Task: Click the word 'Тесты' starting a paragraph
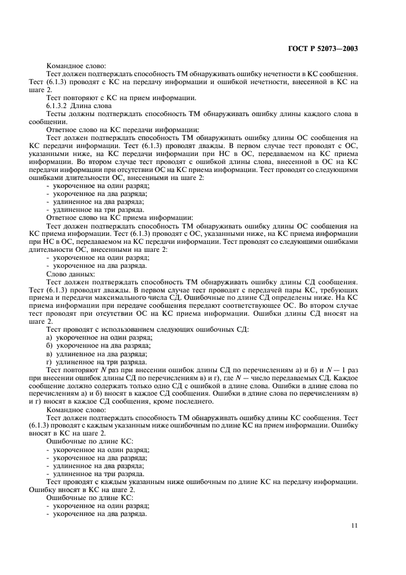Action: click(x=57, y=114)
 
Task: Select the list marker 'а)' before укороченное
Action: click(x=50, y=337)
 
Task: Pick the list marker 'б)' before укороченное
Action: click(x=50, y=345)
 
